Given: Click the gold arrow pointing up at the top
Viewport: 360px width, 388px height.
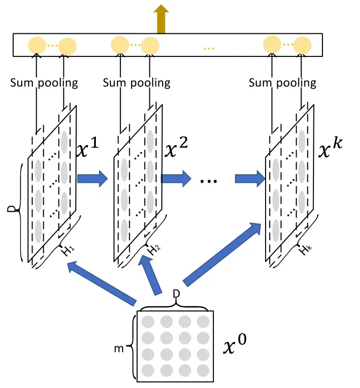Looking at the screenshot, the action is [161, 19].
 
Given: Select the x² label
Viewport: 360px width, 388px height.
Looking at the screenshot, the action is [176, 147].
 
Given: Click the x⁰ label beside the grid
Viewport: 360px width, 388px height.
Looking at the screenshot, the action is [235, 343].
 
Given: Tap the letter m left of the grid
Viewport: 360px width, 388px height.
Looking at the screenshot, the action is [119, 349].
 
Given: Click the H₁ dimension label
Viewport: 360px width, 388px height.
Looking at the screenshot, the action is [68, 251].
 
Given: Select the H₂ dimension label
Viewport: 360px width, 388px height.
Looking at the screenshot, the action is [154, 250].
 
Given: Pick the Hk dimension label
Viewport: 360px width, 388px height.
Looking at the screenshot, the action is [305, 250].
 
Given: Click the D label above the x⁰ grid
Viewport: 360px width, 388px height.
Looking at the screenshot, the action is [176, 294].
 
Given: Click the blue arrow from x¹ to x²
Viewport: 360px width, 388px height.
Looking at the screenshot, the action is [93, 178].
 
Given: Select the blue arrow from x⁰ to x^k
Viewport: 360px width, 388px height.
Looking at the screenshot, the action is [222, 254].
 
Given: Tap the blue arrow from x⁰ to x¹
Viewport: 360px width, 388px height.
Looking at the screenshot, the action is [102, 282].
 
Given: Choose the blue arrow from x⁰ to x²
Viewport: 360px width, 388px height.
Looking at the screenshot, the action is [150, 275].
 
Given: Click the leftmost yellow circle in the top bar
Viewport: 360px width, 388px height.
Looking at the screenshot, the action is [37, 46].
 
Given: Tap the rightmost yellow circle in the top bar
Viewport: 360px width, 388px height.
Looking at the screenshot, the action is [302, 46].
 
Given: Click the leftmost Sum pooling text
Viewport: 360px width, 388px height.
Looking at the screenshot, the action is [44, 83].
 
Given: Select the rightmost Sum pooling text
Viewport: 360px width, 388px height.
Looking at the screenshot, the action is [282, 83].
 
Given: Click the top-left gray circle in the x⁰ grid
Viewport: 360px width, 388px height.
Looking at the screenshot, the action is [148, 322].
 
